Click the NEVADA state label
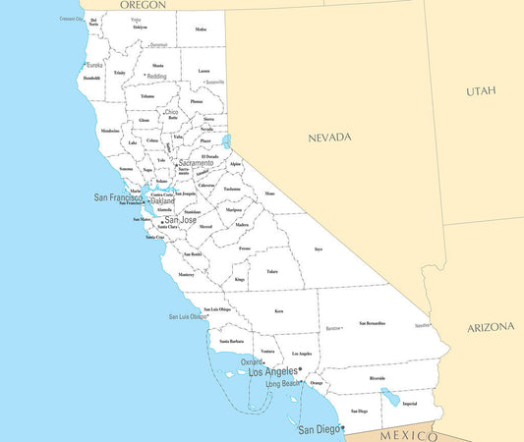(x=328, y=138)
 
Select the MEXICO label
(x=408, y=434)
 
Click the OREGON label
(x=143, y=5)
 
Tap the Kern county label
(x=278, y=311)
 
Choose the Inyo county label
(x=318, y=249)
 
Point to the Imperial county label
(x=410, y=404)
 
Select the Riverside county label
(x=377, y=378)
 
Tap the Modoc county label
(x=201, y=29)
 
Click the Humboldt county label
(x=92, y=78)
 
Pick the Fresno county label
(x=244, y=249)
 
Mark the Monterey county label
(x=186, y=275)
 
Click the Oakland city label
(x=163, y=201)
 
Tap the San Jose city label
(x=181, y=220)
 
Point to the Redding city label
(x=156, y=76)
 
